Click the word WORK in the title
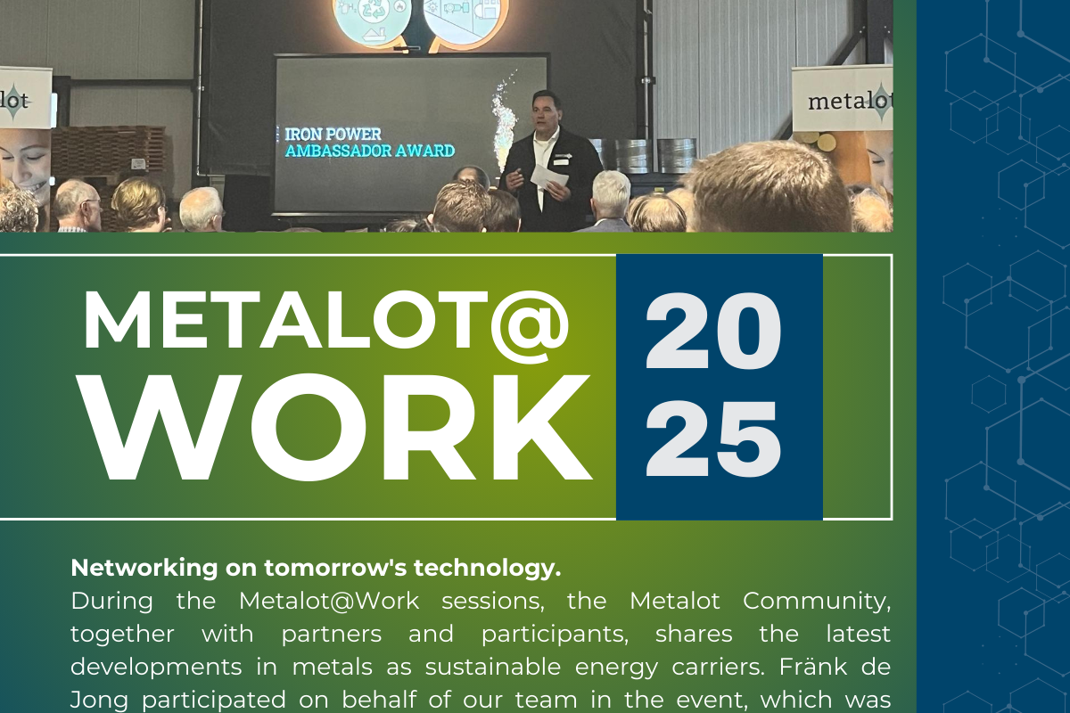(335, 426)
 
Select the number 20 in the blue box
(713, 331)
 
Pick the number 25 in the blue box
(713, 438)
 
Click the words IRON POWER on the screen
(333, 135)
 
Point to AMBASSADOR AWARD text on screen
(370, 151)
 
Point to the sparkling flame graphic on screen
(505, 119)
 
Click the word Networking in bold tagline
(144, 569)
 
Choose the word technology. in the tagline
(487, 569)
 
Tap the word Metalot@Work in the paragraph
(329, 601)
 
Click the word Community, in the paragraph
(817, 602)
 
